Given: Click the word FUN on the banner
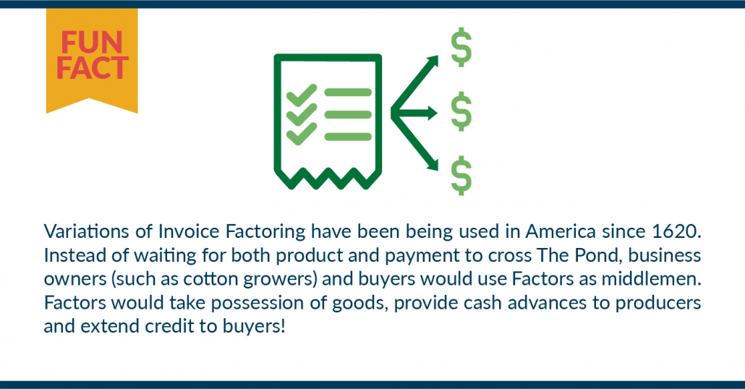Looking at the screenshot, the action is (92, 43).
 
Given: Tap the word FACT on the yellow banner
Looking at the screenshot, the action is (92, 67).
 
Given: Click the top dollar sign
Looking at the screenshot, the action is (461, 48).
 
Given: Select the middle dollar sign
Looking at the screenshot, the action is (461, 112).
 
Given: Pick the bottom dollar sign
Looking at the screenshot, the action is (461, 176).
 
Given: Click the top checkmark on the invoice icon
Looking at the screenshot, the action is (302, 95).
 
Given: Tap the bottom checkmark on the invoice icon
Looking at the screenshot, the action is (302, 134).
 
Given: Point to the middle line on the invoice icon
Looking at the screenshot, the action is (348, 114).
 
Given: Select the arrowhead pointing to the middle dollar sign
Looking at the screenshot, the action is (433, 113).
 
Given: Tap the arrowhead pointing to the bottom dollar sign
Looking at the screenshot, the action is (433, 165).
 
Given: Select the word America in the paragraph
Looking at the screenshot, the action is (561, 232).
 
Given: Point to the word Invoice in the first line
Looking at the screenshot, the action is (189, 232).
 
